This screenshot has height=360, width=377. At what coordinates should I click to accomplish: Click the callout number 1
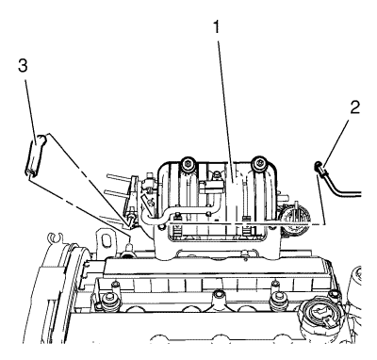(217, 27)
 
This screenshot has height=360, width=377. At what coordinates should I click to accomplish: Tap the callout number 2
(354, 108)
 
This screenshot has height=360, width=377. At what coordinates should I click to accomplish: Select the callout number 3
(23, 66)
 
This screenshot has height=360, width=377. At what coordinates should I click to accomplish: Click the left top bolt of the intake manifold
(188, 163)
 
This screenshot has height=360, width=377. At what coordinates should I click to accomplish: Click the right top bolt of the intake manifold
(259, 162)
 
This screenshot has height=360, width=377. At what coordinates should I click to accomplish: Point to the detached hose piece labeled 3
(36, 155)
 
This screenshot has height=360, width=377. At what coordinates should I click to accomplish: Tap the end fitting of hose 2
(320, 167)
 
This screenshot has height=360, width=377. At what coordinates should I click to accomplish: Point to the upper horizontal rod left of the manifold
(120, 179)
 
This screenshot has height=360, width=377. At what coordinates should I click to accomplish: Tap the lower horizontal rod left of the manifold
(117, 194)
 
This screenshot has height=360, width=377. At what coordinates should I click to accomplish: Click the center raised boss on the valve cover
(219, 298)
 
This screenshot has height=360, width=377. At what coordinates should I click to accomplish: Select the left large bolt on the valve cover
(109, 299)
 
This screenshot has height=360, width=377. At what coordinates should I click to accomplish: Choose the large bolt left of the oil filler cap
(277, 298)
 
